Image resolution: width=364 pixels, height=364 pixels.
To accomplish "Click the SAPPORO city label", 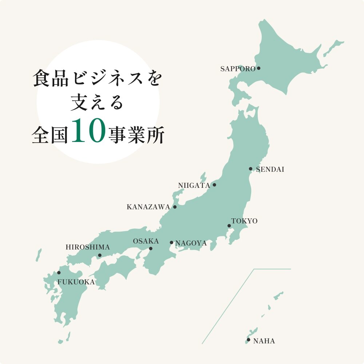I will (x=238, y=69).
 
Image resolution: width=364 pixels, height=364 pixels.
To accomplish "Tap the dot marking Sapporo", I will (x=259, y=68).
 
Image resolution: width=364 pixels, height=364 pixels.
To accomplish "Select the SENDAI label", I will (x=270, y=169).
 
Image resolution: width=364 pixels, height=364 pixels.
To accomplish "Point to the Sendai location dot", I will (x=250, y=169).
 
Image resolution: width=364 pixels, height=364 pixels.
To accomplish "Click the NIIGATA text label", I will (x=194, y=186).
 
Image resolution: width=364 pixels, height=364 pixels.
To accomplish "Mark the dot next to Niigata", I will (x=214, y=185).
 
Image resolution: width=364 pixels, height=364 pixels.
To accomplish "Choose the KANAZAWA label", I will (x=148, y=207).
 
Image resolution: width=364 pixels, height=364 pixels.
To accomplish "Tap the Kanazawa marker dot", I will (x=175, y=207).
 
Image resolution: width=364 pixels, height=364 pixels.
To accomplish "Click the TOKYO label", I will (x=244, y=221).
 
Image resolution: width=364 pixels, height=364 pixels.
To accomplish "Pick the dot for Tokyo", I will (x=229, y=226).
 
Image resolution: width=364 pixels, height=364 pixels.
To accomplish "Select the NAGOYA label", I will (x=191, y=243).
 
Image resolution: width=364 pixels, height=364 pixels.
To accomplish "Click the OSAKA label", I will (x=146, y=241).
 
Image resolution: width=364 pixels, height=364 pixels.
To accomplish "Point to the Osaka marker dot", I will (x=151, y=249).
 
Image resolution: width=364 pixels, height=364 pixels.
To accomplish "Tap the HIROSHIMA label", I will (x=87, y=247).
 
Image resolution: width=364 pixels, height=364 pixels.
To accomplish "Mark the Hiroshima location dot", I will (x=100, y=256).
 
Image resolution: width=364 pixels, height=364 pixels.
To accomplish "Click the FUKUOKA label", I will (x=76, y=282).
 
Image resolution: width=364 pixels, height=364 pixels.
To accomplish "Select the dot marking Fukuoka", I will (x=59, y=273).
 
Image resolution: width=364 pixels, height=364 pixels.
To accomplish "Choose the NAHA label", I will (x=264, y=341).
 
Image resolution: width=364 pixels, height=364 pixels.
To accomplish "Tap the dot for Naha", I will (x=249, y=340).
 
